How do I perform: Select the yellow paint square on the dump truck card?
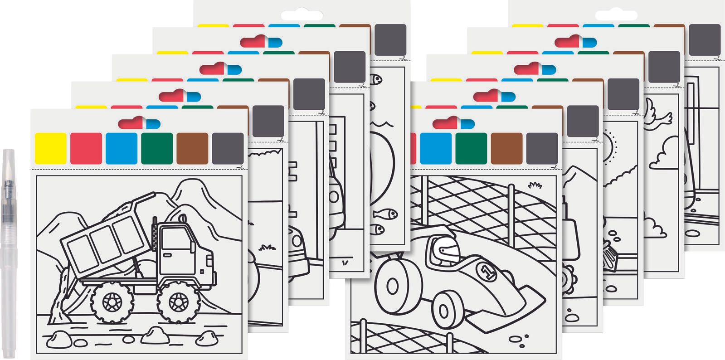[x=51, y=148]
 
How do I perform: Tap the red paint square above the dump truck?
[x=86, y=148]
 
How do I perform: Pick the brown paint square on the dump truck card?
[x=192, y=148]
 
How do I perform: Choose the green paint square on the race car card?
[x=471, y=148]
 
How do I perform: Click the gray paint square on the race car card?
[x=542, y=148]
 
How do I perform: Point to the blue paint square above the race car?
[x=436, y=148]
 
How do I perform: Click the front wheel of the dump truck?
[x=178, y=302]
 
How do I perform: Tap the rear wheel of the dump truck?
[x=112, y=302]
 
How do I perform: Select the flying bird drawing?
[x=657, y=115]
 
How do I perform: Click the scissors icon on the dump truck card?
[x=240, y=167]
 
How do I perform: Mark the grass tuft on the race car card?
[x=535, y=185]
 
